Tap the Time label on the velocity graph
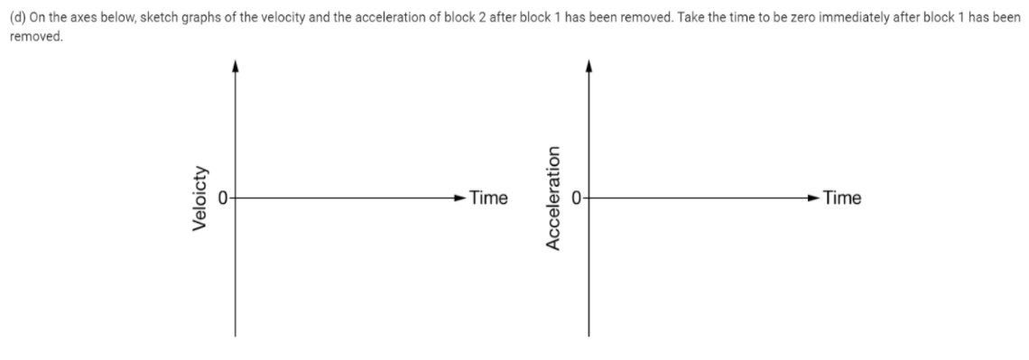point(488,198)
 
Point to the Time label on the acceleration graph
point(842,198)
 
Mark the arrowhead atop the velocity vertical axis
point(236,65)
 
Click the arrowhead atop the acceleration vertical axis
point(589,65)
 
